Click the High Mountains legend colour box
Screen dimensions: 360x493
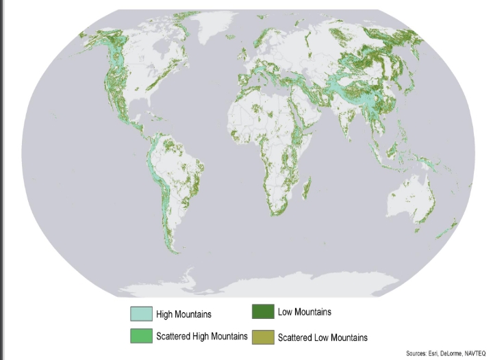142,314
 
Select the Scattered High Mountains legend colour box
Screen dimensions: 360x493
142,335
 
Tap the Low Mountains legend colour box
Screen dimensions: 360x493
264,313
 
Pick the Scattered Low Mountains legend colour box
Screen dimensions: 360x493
264,337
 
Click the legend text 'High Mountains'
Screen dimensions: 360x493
184,314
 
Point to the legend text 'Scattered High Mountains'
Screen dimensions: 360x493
201,336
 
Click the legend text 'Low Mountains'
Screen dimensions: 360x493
304,312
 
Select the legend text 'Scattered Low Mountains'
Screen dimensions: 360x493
323,337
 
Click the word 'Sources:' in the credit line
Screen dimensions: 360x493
416,354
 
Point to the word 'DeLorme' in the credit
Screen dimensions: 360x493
448,354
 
